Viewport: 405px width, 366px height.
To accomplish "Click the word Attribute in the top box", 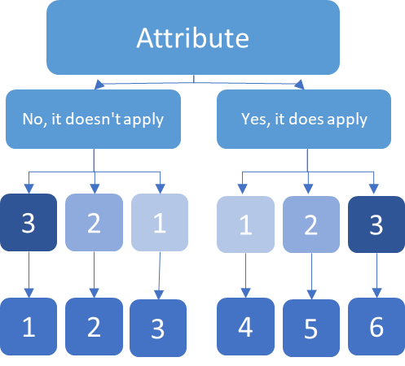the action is (193, 38).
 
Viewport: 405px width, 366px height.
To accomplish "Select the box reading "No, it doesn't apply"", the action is (93, 119).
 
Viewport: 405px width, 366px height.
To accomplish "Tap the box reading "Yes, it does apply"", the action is (304, 119).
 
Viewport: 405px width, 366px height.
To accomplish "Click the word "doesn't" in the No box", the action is (93, 119).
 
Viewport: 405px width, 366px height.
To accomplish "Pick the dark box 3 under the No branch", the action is (29, 222).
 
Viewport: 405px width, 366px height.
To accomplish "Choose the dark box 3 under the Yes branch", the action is (376, 224).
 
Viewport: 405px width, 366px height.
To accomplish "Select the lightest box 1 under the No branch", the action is (160, 222).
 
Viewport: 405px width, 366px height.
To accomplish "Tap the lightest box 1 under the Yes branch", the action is (245, 224).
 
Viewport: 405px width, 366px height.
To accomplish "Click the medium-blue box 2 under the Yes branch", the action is (311, 224).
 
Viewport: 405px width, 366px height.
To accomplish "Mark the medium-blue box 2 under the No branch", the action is (94, 222).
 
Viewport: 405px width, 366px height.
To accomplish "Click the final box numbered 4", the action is (245, 326).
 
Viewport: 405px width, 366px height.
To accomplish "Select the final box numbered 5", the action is (311, 328).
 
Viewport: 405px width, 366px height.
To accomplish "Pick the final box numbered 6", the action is (376, 326).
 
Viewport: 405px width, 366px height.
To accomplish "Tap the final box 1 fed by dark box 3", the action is (29, 326).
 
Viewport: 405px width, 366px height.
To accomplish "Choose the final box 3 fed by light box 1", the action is (158, 328).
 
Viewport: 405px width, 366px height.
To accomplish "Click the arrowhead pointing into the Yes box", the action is (299, 85).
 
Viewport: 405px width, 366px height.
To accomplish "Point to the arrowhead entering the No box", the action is (99, 85).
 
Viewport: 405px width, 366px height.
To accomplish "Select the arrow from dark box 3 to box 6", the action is (376, 276).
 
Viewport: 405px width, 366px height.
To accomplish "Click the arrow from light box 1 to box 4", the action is (245, 276).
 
